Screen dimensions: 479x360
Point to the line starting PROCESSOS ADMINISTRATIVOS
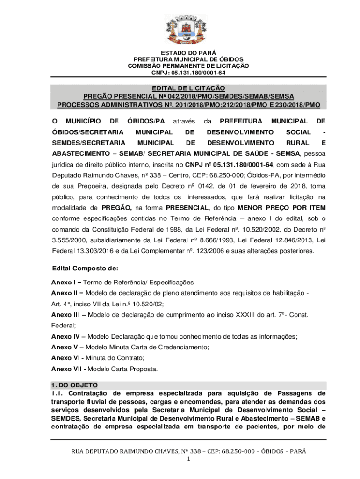click(x=188, y=105)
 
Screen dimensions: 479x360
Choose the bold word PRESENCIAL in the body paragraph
click(x=186, y=208)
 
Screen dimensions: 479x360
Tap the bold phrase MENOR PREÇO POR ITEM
click(x=282, y=208)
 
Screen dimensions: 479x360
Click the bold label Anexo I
click(x=64, y=283)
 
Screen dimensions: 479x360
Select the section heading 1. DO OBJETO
click(x=74, y=385)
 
